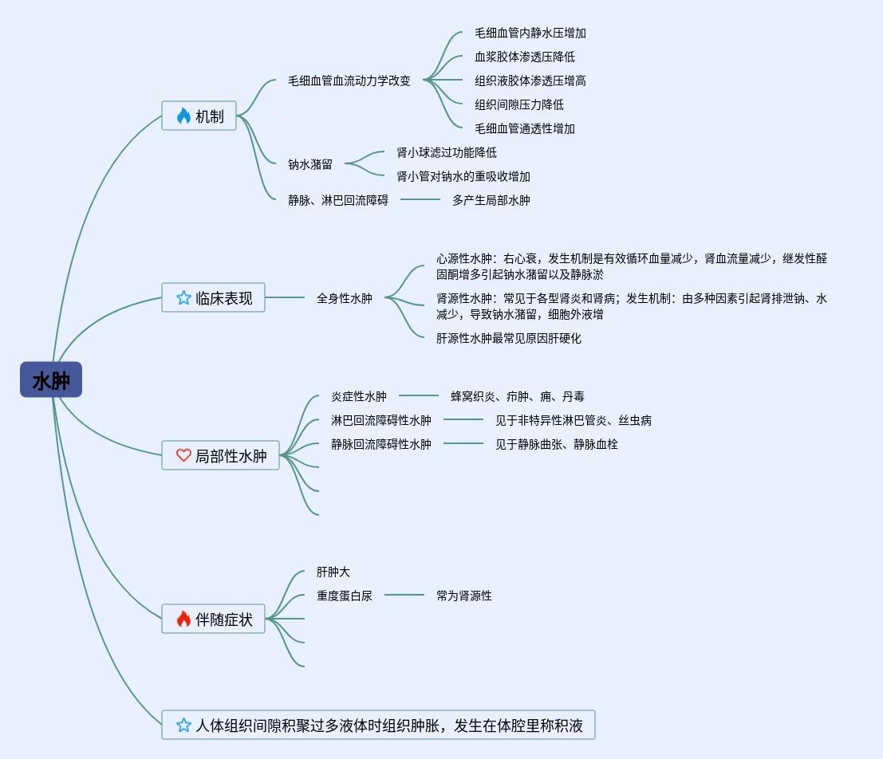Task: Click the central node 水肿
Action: tap(51, 380)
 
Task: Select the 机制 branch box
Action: tap(199, 116)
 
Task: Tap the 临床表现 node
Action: tap(213, 297)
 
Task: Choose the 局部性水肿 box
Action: tap(221, 456)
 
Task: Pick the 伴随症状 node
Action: tap(213, 619)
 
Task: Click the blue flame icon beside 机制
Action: tap(183, 116)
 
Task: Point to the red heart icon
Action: tap(183, 456)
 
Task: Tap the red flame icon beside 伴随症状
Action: tap(183, 619)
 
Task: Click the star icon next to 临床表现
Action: tap(183, 298)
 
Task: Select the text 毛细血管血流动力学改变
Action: tap(349, 81)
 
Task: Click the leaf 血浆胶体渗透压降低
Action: tap(525, 57)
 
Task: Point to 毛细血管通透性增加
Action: tap(525, 128)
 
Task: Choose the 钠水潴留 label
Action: tap(310, 164)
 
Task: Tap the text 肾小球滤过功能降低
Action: tap(447, 152)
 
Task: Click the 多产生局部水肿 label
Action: tap(491, 200)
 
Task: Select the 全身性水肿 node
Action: tap(345, 298)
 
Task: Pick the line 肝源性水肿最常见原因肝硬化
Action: tap(509, 338)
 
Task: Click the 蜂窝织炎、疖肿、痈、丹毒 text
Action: tap(518, 396)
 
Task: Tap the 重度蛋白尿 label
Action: tap(345, 596)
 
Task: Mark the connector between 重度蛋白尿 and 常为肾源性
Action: tap(404, 595)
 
